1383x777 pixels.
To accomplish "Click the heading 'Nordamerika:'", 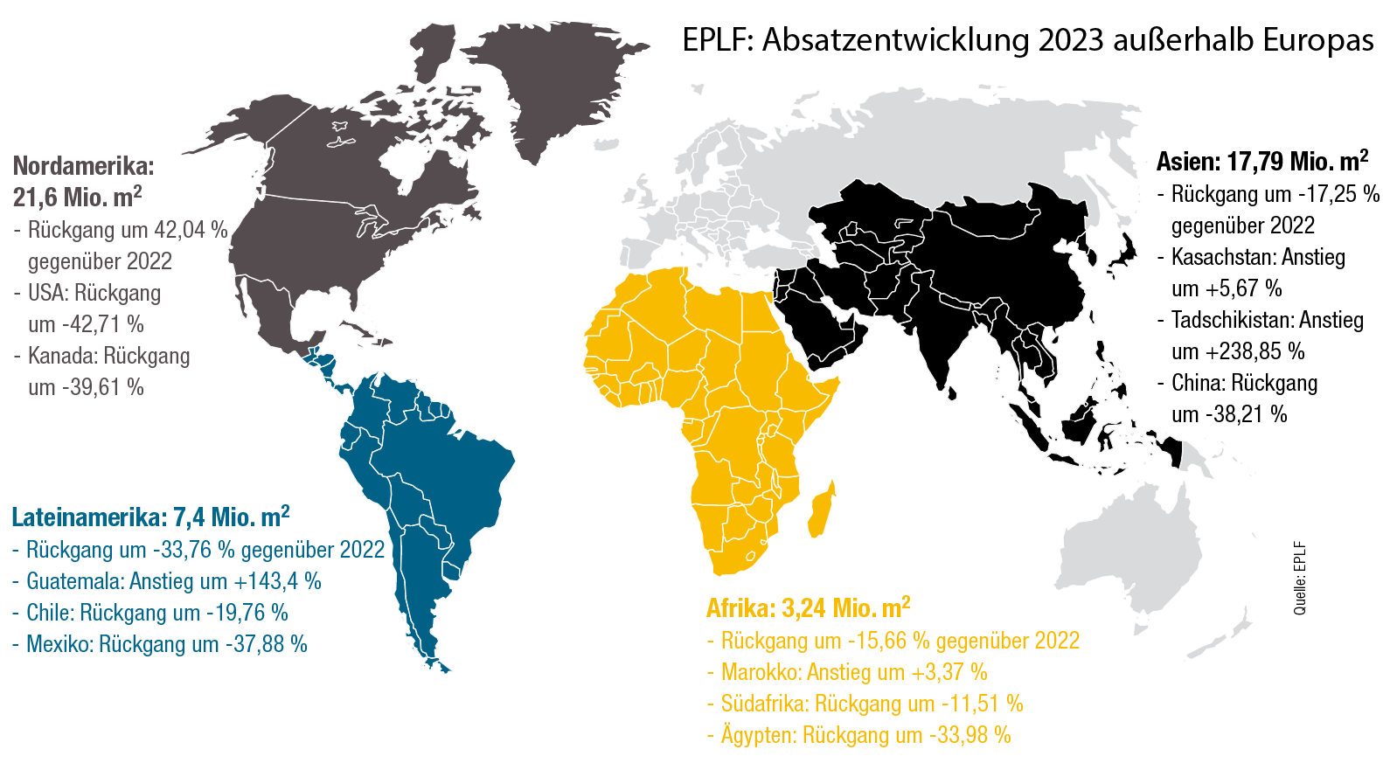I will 83,166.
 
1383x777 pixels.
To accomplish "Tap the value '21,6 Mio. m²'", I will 77,197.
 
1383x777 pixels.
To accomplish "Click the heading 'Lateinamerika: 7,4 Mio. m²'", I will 150,517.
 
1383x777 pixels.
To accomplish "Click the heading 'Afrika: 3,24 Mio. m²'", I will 808,608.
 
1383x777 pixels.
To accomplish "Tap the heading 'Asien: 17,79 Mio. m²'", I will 1261,162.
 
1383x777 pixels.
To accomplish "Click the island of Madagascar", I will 821,510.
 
